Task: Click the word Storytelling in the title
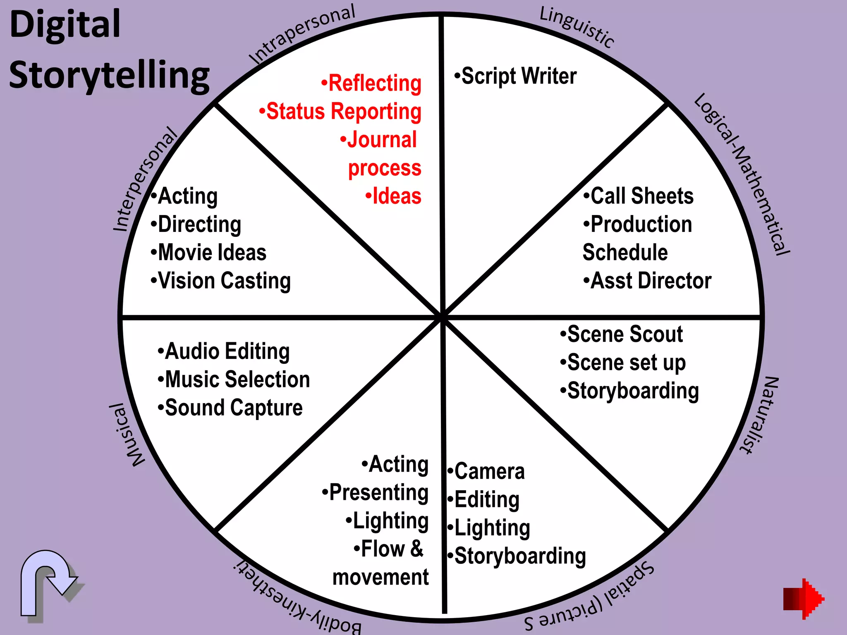(110, 75)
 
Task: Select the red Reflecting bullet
(371, 83)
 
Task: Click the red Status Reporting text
(340, 112)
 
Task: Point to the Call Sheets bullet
(639, 196)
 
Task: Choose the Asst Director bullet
(647, 281)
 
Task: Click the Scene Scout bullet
(621, 334)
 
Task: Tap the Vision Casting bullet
(221, 281)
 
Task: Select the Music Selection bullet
(234, 380)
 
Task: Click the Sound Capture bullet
(230, 408)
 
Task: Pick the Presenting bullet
(375, 492)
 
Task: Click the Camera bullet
(486, 471)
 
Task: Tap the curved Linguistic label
(577, 27)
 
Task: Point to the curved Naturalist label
(760, 415)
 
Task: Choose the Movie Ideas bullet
(208, 253)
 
